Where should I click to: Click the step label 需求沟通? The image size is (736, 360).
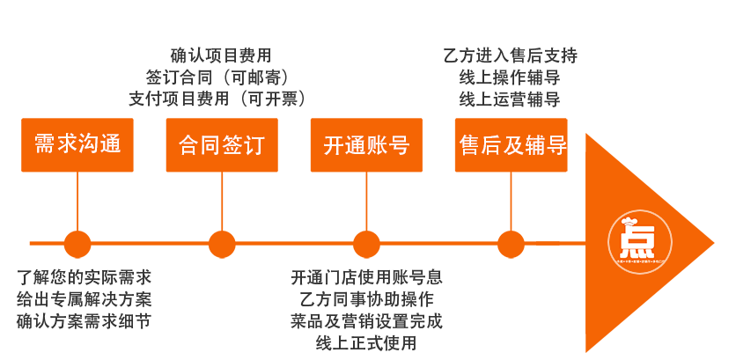[77, 145]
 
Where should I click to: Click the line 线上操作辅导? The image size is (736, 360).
[510, 77]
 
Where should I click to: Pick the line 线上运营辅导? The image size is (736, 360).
[510, 99]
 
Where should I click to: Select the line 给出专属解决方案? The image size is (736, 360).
[84, 299]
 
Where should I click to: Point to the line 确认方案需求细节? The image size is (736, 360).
[84, 320]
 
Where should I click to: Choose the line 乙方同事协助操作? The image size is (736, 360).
[366, 299]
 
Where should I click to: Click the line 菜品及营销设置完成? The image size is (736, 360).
[366, 320]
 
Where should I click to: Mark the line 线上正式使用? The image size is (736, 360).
[366, 342]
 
